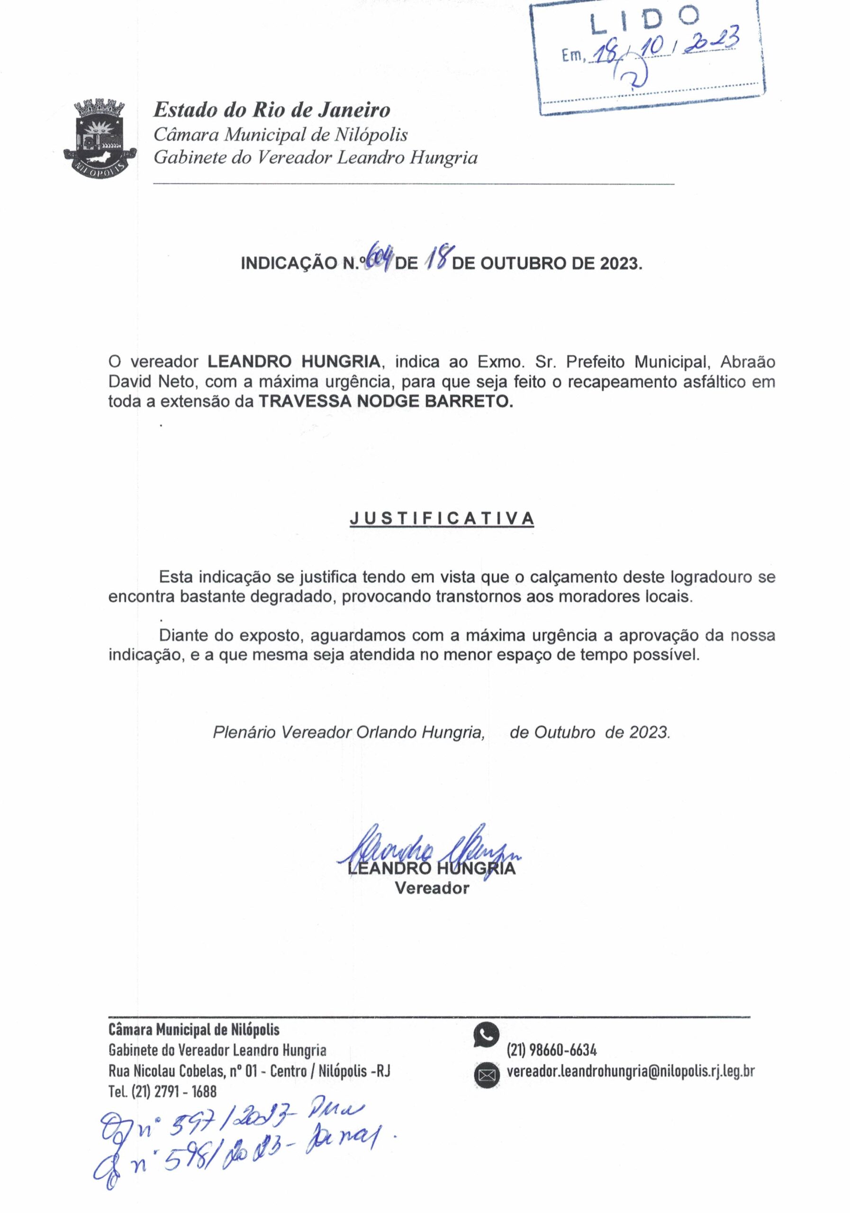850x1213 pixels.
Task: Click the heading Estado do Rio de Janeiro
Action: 271,110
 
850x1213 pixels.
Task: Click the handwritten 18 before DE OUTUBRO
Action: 437,259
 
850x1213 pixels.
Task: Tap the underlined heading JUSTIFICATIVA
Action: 442,518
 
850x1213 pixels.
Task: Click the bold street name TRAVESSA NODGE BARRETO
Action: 386,401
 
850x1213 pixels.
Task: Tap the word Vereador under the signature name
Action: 432,888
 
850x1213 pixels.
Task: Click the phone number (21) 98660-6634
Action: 552,1050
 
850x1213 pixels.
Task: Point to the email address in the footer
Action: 630,1071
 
